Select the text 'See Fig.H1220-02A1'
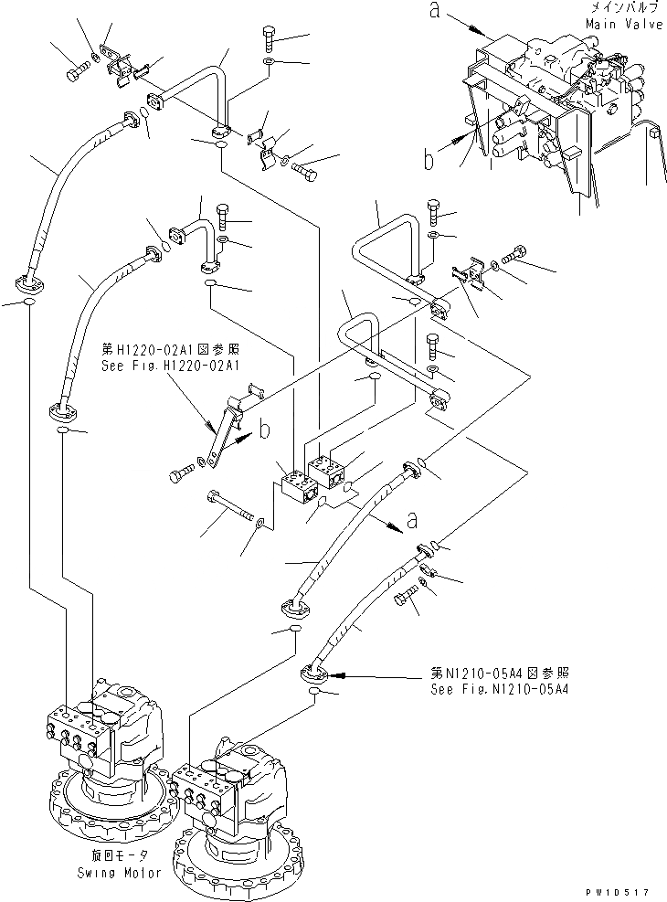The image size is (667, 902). [x=170, y=364]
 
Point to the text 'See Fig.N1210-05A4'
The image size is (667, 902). [x=500, y=688]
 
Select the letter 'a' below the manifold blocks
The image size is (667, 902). [x=412, y=520]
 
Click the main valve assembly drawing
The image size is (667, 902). [x=557, y=119]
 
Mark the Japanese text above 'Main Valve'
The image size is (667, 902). [x=625, y=8]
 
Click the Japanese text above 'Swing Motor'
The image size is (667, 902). [x=119, y=857]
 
